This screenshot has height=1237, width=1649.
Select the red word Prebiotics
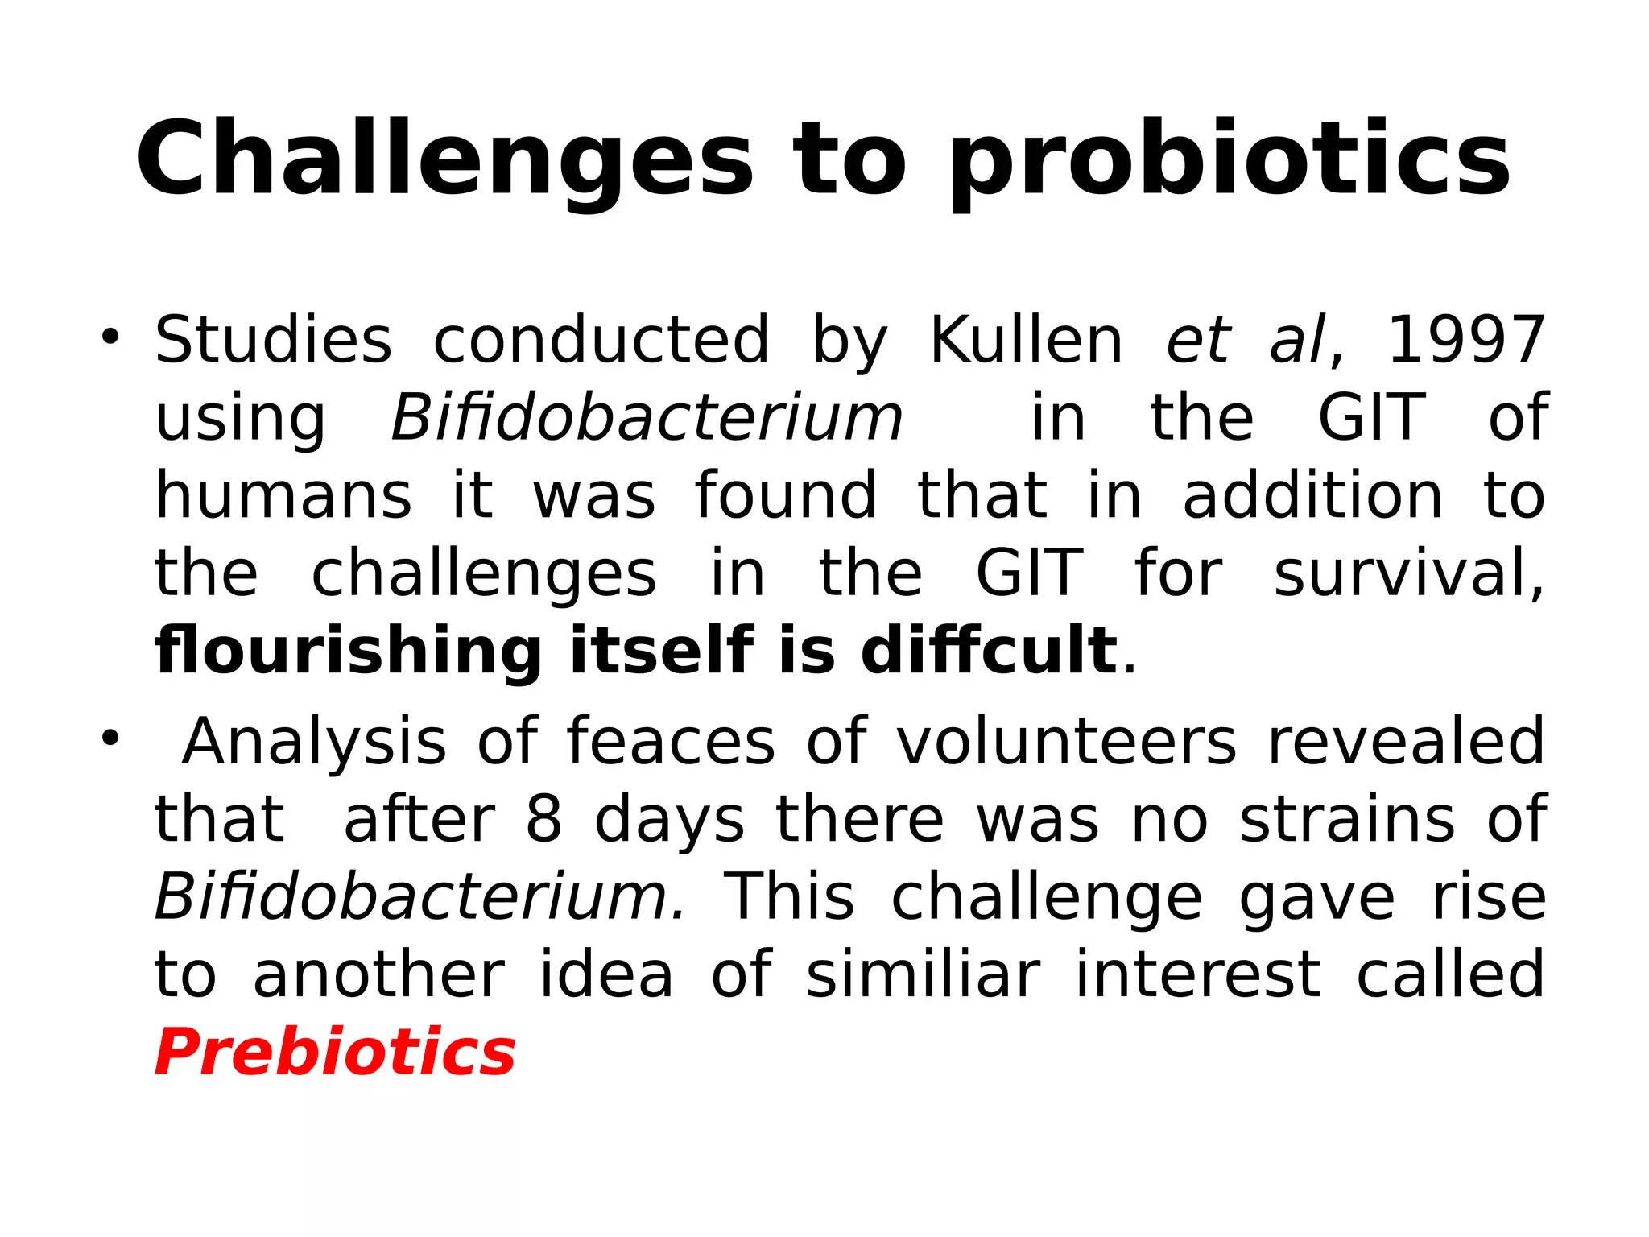pos(335,1052)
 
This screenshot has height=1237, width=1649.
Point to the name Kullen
pos(1026,340)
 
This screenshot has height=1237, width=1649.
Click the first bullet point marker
pos(110,336)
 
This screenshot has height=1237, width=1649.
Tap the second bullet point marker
pos(110,737)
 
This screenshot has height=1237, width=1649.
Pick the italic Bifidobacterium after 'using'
pos(647,417)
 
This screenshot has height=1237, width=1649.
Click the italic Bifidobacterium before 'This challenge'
pos(419,896)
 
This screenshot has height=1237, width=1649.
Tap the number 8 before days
pos(544,819)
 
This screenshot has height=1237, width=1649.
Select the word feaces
pos(671,741)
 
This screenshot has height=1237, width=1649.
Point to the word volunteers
pos(1066,741)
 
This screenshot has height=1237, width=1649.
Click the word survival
pos(1409,573)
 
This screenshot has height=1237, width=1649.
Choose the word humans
pos(283,495)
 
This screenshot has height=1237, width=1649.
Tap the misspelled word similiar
pos(923,974)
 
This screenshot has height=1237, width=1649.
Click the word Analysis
pos(314,741)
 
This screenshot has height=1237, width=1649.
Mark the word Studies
pos(274,340)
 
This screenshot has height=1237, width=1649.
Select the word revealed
pos(1406,741)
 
